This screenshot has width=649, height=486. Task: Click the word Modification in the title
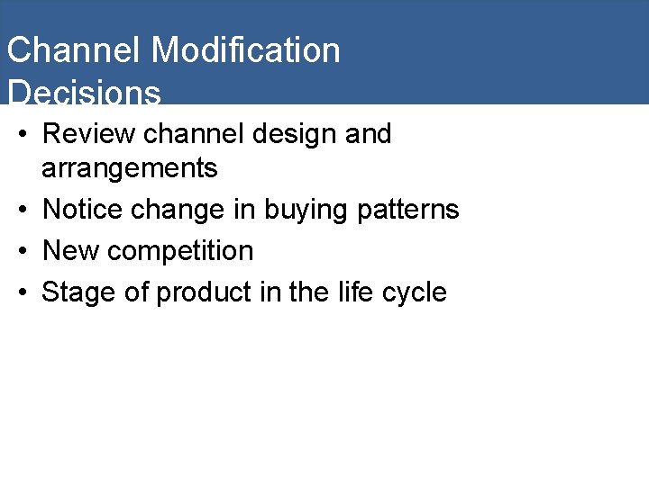245,50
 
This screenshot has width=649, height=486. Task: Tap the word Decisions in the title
84,93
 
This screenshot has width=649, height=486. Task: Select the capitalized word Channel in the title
73,50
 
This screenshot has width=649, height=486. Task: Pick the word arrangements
130,168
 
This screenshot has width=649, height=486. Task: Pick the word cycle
416,293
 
